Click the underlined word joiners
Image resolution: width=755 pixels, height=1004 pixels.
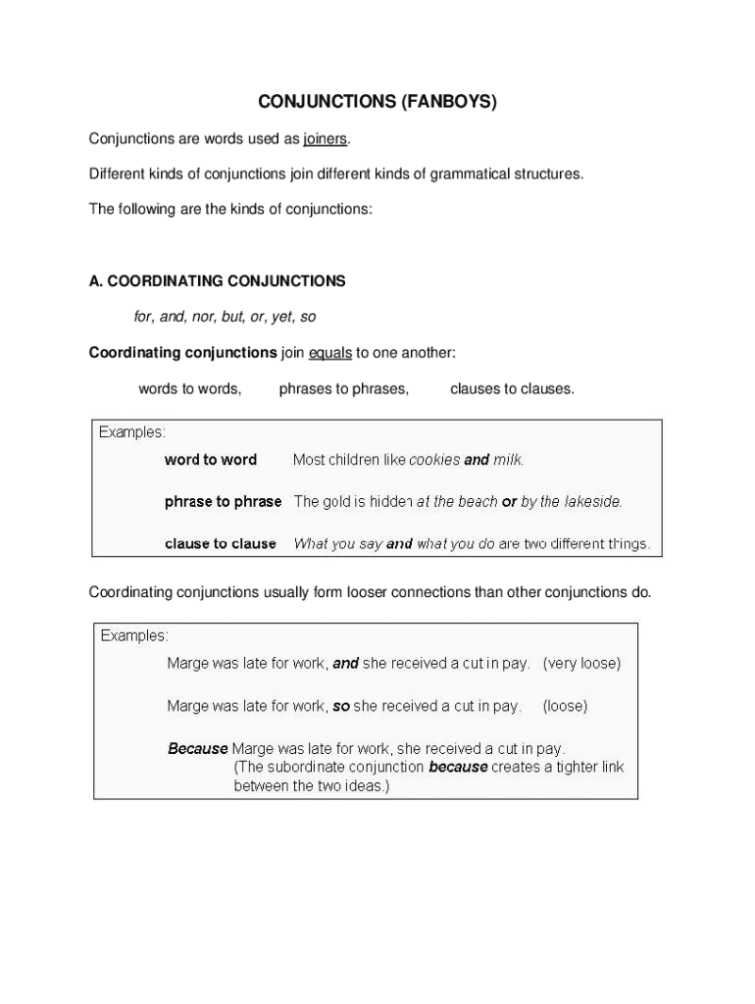click(326, 138)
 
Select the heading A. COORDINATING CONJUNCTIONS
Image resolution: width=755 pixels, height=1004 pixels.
click(217, 281)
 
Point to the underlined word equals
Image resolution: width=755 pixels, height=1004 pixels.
click(329, 353)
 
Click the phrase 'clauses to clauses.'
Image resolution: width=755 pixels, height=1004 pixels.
click(512, 389)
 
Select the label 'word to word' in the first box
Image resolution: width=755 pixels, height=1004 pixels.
click(211, 460)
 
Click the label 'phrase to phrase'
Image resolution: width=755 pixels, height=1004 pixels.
click(223, 502)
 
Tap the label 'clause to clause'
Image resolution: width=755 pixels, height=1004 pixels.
click(221, 544)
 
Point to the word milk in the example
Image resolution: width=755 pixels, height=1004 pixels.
click(508, 460)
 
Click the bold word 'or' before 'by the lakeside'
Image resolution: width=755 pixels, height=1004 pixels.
click(509, 502)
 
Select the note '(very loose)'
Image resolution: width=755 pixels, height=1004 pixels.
click(581, 664)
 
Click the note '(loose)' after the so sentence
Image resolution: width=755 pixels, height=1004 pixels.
click(565, 706)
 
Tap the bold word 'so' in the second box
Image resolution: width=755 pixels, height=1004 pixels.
click(341, 706)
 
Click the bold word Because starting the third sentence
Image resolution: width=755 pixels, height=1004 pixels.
click(197, 749)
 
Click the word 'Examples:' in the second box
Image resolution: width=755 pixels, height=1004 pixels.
click(134, 636)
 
